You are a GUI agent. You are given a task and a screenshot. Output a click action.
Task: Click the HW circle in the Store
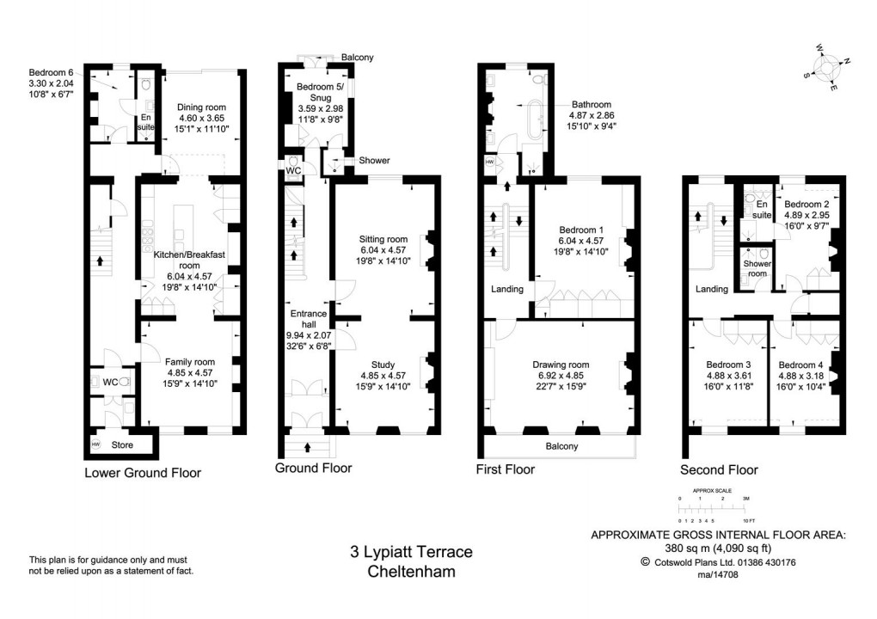95,444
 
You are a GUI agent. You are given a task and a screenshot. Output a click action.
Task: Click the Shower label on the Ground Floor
374,161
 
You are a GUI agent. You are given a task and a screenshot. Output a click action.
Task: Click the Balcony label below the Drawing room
561,446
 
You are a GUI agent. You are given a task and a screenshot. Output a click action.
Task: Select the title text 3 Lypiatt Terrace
411,552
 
